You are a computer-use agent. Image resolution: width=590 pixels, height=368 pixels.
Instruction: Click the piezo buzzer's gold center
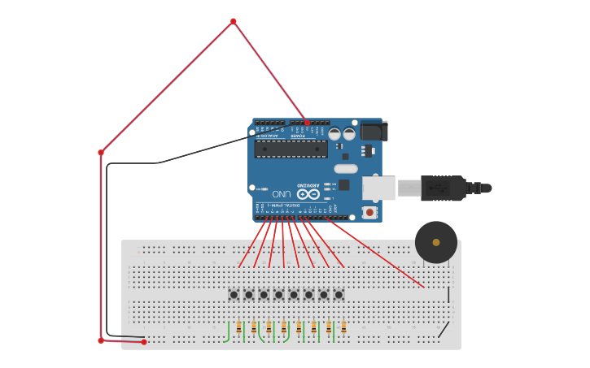point(436,242)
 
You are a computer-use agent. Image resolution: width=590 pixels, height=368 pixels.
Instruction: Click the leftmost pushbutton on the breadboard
point(234,295)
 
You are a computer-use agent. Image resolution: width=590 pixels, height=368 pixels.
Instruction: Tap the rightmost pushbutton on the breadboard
point(339,295)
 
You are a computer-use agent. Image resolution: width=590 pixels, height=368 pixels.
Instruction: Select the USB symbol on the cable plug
point(438,188)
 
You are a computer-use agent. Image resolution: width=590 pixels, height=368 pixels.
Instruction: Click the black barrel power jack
point(374,131)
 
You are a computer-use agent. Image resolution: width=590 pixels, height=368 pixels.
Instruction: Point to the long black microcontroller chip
point(291,149)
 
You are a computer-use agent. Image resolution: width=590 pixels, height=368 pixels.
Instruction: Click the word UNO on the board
point(282,193)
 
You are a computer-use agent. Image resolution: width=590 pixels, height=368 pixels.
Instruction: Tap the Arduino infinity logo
point(308,194)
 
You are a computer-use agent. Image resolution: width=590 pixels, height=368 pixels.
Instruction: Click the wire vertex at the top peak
point(233,21)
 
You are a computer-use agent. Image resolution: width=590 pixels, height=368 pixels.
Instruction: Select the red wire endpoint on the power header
point(308,123)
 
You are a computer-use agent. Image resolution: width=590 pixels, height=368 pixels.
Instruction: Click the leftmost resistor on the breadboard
point(239,327)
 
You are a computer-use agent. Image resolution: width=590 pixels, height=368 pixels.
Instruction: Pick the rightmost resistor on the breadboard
point(343,327)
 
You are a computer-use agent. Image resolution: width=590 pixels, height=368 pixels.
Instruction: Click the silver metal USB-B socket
point(378,188)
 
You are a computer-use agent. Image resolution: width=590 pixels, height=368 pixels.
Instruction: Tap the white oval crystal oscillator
point(345,169)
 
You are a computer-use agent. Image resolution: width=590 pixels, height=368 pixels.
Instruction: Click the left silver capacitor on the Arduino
point(334,134)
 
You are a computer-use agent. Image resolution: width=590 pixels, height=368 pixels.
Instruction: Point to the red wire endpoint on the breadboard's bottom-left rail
point(144,342)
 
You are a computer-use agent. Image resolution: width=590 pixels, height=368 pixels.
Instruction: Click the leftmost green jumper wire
point(227,333)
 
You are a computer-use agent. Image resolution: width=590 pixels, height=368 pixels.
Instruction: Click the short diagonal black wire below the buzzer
point(444,329)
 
